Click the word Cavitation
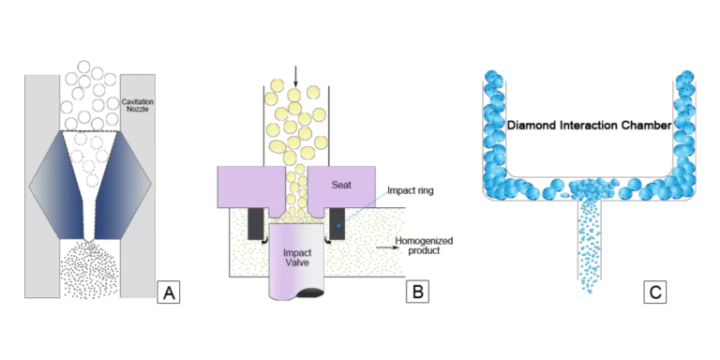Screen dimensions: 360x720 point(137,101)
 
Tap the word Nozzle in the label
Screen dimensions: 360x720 point(137,110)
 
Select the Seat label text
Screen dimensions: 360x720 point(341,184)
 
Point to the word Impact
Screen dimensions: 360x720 point(297,253)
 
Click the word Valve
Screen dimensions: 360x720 point(297,264)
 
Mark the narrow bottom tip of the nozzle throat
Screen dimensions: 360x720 point(89,239)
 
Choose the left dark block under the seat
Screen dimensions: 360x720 point(254,223)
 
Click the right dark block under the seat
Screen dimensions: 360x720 point(335,223)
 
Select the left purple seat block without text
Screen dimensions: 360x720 point(246,186)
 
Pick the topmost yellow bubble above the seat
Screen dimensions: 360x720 point(275,86)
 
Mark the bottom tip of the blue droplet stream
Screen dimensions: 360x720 point(589,291)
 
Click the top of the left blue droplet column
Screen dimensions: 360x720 point(492,75)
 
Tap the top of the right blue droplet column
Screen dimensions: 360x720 point(686,75)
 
